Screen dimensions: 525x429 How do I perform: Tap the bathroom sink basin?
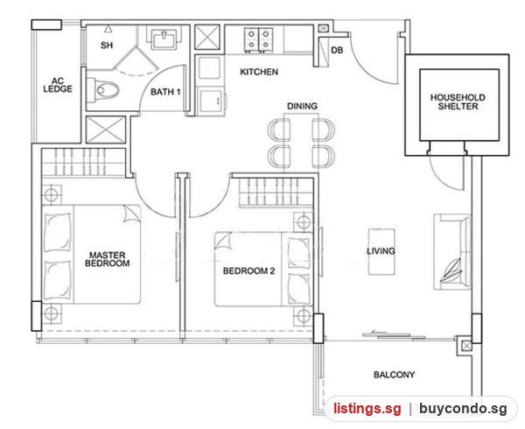[x=164, y=39]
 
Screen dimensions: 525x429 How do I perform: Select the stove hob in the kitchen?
[x=258, y=40]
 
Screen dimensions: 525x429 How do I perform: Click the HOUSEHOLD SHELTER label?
[x=458, y=102]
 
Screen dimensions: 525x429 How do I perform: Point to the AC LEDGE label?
[x=58, y=85]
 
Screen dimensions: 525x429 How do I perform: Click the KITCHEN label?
[x=259, y=72]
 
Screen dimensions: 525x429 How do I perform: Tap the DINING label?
[x=302, y=106]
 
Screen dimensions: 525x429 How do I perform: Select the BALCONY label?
[x=394, y=375]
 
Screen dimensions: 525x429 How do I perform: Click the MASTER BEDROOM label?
[x=107, y=259]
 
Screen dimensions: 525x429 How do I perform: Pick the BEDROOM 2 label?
[x=248, y=271]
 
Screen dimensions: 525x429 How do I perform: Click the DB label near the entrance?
[x=337, y=50]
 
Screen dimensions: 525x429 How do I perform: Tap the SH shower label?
[x=107, y=45]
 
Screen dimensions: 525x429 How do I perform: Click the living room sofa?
[x=452, y=252]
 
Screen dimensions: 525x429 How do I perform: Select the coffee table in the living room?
[x=381, y=252]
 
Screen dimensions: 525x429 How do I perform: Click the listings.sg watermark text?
[x=367, y=409]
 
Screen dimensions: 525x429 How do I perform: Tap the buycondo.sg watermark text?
[x=463, y=409]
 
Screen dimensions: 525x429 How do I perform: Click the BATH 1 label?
[x=165, y=92]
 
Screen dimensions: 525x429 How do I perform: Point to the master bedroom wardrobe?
[x=83, y=162]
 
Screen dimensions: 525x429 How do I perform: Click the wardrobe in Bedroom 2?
[x=276, y=192]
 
